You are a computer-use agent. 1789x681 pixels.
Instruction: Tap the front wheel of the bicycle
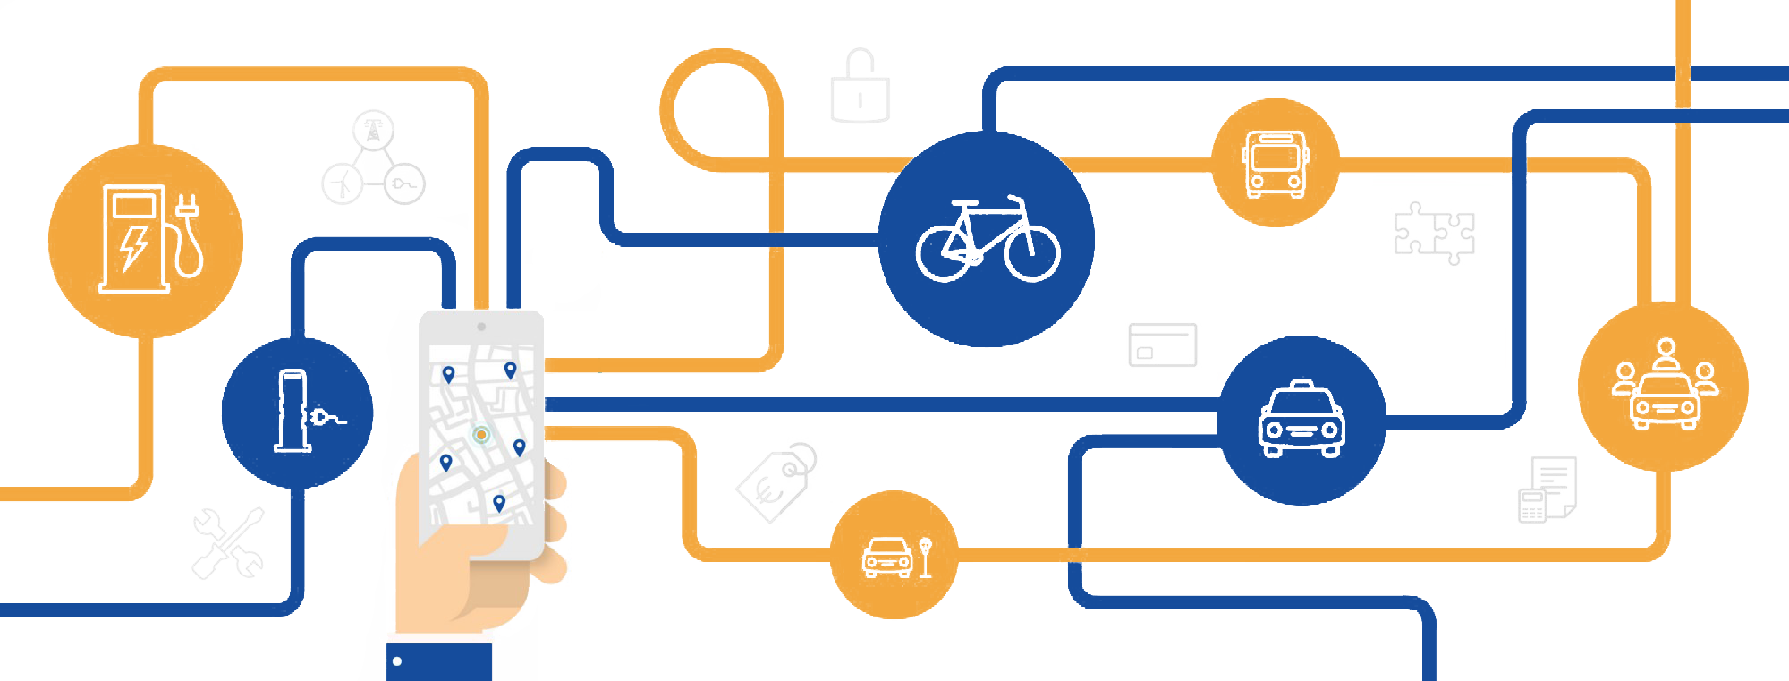1031,252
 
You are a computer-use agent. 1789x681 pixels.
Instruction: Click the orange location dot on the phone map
481,435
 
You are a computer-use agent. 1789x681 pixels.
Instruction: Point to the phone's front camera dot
481,327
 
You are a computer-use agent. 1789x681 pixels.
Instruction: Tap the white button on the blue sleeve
397,662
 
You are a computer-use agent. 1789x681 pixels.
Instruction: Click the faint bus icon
1275,163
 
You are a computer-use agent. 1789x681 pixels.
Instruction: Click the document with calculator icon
1547,489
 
